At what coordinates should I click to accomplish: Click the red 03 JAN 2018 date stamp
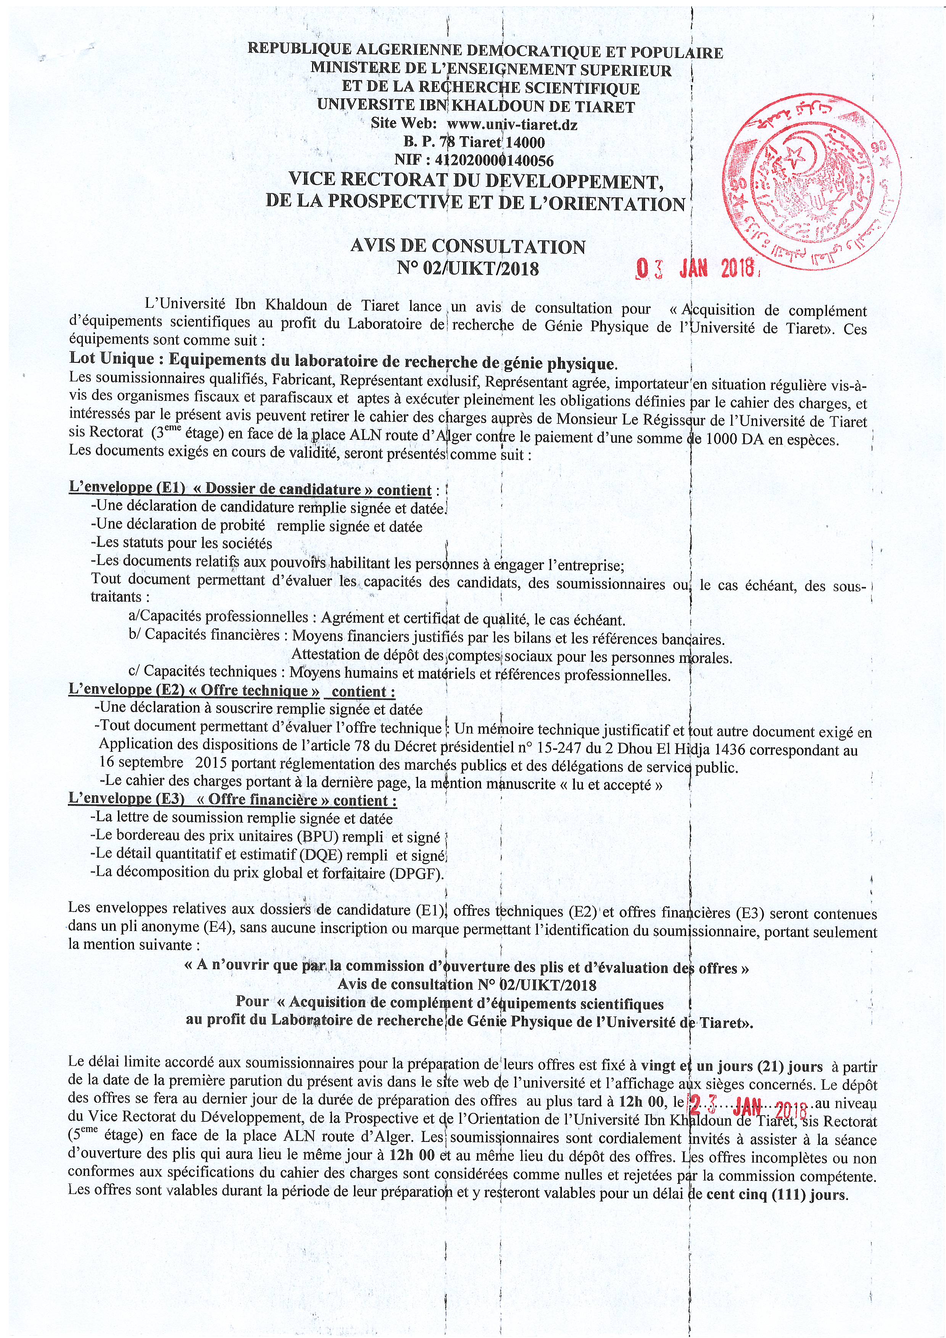click(x=697, y=269)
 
